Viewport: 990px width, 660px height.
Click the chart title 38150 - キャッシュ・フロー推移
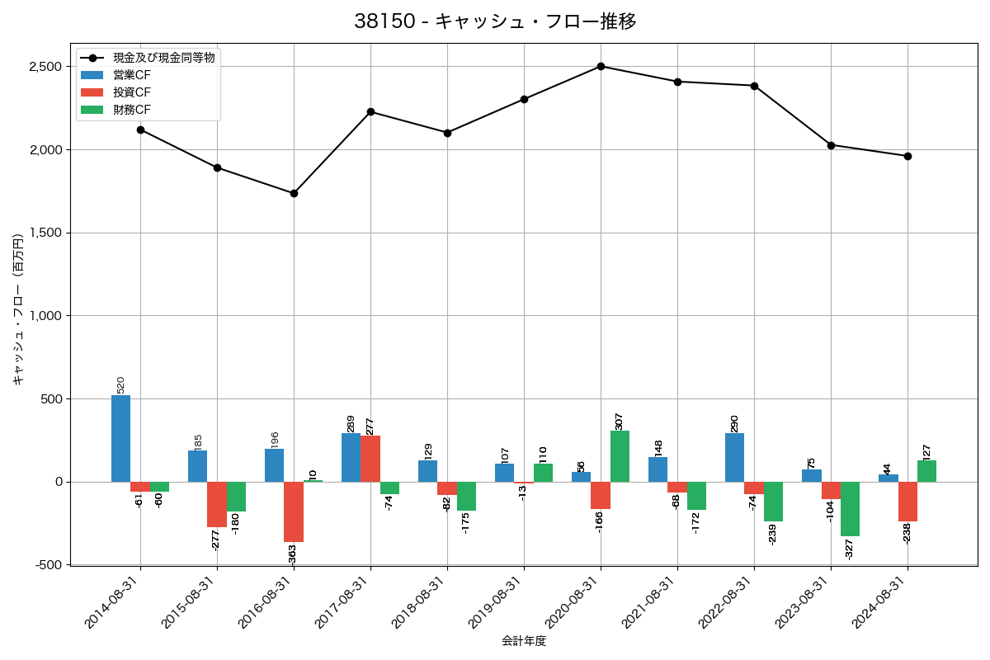495,21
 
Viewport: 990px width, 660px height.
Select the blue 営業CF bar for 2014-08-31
120,438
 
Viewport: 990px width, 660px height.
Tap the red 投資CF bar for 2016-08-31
294,511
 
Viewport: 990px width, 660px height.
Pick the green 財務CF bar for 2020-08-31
620,456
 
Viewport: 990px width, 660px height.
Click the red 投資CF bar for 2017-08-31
370,459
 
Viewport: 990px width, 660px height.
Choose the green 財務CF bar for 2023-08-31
850,509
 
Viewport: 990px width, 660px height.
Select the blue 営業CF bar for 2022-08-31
734,457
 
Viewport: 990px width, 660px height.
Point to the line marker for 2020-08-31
601,66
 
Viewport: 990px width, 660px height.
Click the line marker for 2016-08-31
294,193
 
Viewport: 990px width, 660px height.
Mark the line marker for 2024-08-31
907,156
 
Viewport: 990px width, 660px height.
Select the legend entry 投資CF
132,92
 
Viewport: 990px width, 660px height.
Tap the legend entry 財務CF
132,109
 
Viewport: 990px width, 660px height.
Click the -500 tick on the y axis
49,565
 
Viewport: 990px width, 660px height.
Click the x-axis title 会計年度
524,641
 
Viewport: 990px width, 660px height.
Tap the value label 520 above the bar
120,384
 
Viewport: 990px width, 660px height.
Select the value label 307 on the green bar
620,421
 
